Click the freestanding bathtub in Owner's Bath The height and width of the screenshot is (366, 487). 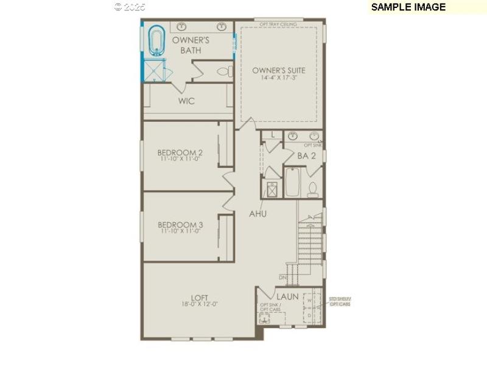(x=158, y=41)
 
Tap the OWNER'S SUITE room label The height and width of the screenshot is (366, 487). (x=279, y=71)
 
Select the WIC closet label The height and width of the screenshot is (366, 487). (x=186, y=101)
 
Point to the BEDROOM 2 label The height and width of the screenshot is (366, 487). (x=180, y=152)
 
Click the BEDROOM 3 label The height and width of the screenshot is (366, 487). (x=180, y=224)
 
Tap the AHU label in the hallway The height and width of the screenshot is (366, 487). (x=258, y=214)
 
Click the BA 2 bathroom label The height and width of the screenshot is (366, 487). (x=306, y=156)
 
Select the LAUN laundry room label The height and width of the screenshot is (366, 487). (x=287, y=296)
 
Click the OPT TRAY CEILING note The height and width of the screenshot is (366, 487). (x=278, y=24)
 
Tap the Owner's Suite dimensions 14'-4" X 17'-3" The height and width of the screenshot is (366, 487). (x=279, y=78)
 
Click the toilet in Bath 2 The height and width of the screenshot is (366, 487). (x=313, y=189)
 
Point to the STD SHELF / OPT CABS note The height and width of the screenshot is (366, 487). (x=340, y=301)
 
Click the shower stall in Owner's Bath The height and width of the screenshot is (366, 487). (x=156, y=71)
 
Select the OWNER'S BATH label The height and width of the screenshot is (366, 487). (x=191, y=45)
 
